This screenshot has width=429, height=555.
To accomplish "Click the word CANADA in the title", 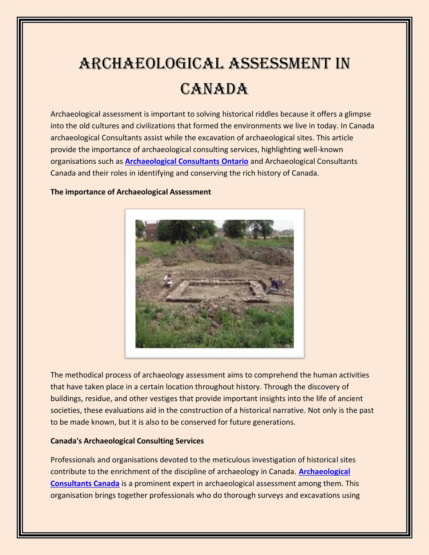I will point(214,89).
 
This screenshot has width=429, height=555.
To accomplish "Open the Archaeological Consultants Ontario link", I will point(187,161).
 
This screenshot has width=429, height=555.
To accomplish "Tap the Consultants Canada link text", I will point(85,483).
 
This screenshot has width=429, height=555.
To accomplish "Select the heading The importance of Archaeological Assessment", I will point(131,192).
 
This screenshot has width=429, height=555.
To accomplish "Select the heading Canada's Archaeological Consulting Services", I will point(127,441).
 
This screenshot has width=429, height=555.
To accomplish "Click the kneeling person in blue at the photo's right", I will point(274,287).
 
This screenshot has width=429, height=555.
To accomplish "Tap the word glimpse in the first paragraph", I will point(358,114).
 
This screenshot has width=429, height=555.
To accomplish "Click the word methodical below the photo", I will point(84,375).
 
